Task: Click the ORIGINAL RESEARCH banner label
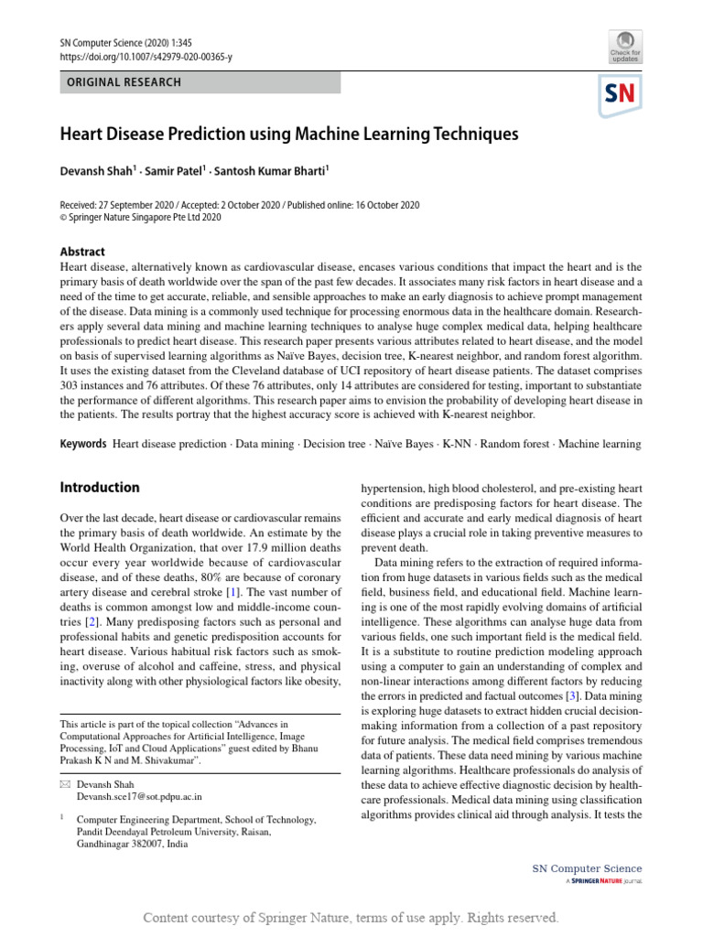click(121, 82)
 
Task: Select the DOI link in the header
click(146, 57)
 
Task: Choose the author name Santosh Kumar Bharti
click(272, 169)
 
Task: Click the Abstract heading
click(82, 252)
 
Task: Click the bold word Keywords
click(83, 444)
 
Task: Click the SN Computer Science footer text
click(587, 868)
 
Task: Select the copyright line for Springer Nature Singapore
click(140, 218)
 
